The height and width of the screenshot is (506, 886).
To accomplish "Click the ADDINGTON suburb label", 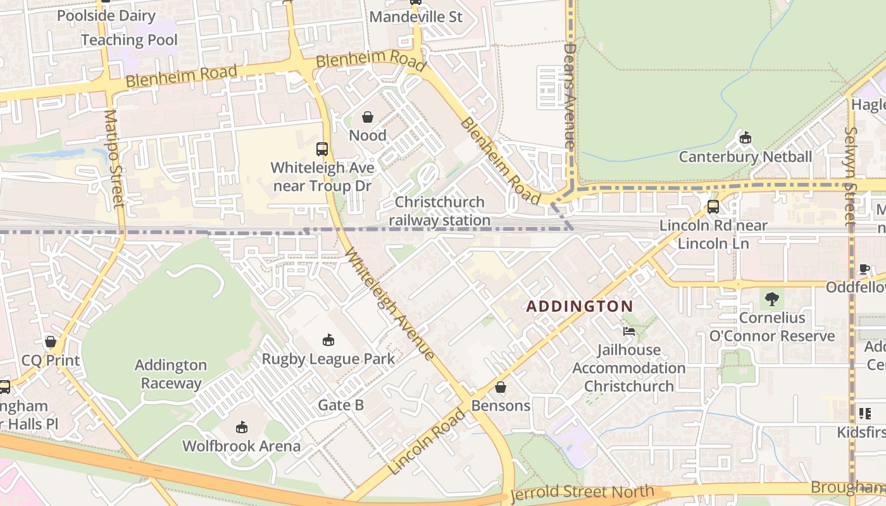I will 580,306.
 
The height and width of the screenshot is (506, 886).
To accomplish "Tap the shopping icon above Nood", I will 368,117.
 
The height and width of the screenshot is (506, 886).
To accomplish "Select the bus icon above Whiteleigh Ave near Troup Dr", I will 322,149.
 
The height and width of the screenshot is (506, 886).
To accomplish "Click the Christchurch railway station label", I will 439,211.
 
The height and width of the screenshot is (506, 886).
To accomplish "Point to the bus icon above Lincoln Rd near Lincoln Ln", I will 713,206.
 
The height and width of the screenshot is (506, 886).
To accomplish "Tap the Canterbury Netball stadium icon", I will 746,137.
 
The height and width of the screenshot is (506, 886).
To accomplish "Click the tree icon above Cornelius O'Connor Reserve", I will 771,299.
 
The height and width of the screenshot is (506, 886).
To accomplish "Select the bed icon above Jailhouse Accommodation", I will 628,331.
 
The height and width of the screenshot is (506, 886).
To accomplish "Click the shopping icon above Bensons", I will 501,386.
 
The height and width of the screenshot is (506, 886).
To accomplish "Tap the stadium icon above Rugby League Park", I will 328,340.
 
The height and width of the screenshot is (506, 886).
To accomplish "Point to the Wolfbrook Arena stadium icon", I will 241,428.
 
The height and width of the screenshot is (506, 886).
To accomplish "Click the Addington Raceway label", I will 171,374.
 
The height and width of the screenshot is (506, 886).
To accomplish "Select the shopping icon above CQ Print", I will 51,342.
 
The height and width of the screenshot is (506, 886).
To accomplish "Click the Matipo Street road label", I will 115,158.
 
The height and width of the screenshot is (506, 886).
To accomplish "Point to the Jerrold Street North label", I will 582,492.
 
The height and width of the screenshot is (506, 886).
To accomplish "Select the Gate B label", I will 340,405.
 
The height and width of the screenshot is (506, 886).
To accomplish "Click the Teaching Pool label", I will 129,40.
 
